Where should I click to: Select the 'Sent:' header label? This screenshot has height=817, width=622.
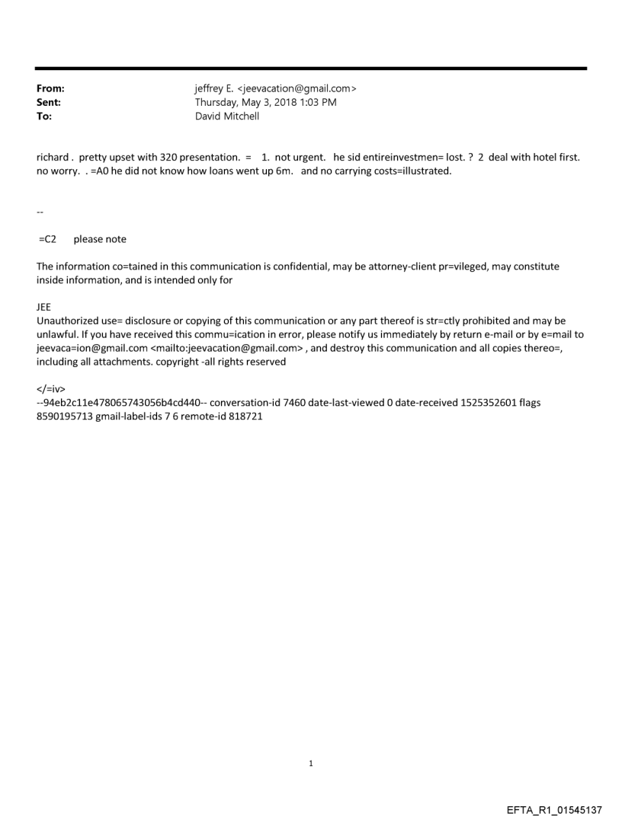[x=49, y=103]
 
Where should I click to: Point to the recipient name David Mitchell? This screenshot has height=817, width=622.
[x=227, y=116]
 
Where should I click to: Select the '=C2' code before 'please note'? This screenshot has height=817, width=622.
[x=47, y=239]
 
